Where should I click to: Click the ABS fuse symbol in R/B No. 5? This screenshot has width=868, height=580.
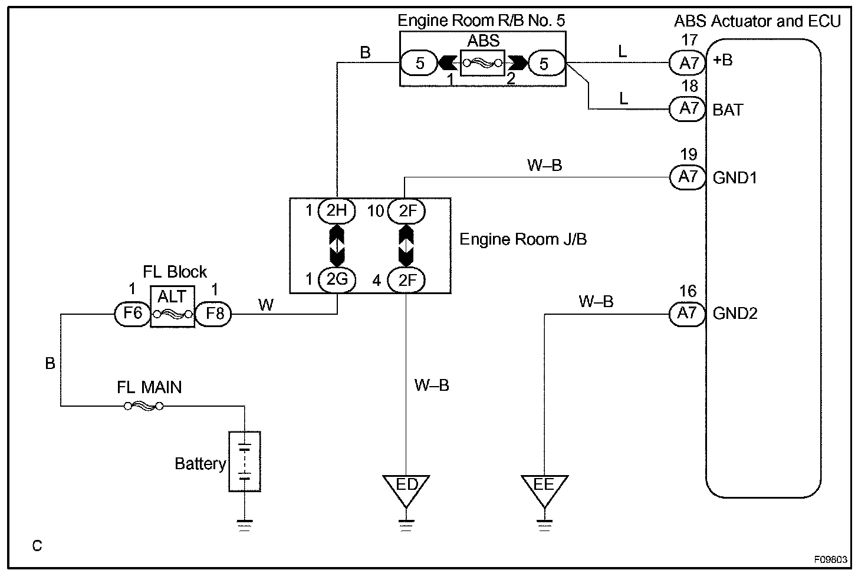coord(483,62)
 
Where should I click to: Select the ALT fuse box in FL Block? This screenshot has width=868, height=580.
coord(172,307)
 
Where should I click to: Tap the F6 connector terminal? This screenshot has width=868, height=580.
coord(132,314)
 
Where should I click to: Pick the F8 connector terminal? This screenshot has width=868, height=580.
coord(213,314)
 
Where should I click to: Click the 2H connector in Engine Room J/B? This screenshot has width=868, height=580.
coord(337,210)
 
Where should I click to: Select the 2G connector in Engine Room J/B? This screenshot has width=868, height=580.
coord(337,279)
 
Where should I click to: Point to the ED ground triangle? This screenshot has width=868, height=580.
coord(406,488)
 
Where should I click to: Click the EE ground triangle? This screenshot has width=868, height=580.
coord(544,488)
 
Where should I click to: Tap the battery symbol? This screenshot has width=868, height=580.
coord(245,462)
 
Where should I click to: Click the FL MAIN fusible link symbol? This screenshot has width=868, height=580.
coord(143,406)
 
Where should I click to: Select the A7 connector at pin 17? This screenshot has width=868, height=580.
coord(688,62)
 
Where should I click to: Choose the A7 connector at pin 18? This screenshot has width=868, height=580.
coord(688,109)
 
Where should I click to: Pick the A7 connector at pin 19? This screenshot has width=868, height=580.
coord(688,177)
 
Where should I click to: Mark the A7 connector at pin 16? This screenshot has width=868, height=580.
coord(688,314)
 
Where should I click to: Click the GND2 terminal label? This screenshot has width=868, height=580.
coord(735,314)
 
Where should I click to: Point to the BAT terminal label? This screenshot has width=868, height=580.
coord(728,110)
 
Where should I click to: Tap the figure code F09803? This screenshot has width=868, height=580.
coord(831,559)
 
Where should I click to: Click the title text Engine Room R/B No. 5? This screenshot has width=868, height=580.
coord(481,21)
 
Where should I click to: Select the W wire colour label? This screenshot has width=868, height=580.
coord(266,305)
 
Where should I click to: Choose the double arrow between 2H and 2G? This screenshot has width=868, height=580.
coord(337,245)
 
